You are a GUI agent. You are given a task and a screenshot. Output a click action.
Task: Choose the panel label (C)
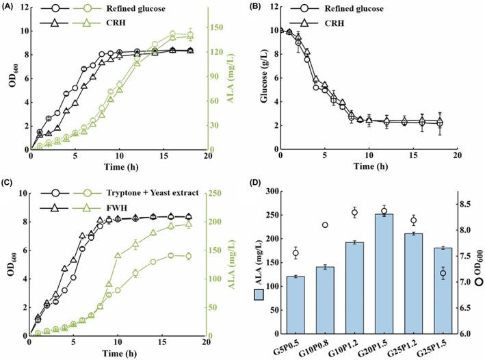coord(10,185)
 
